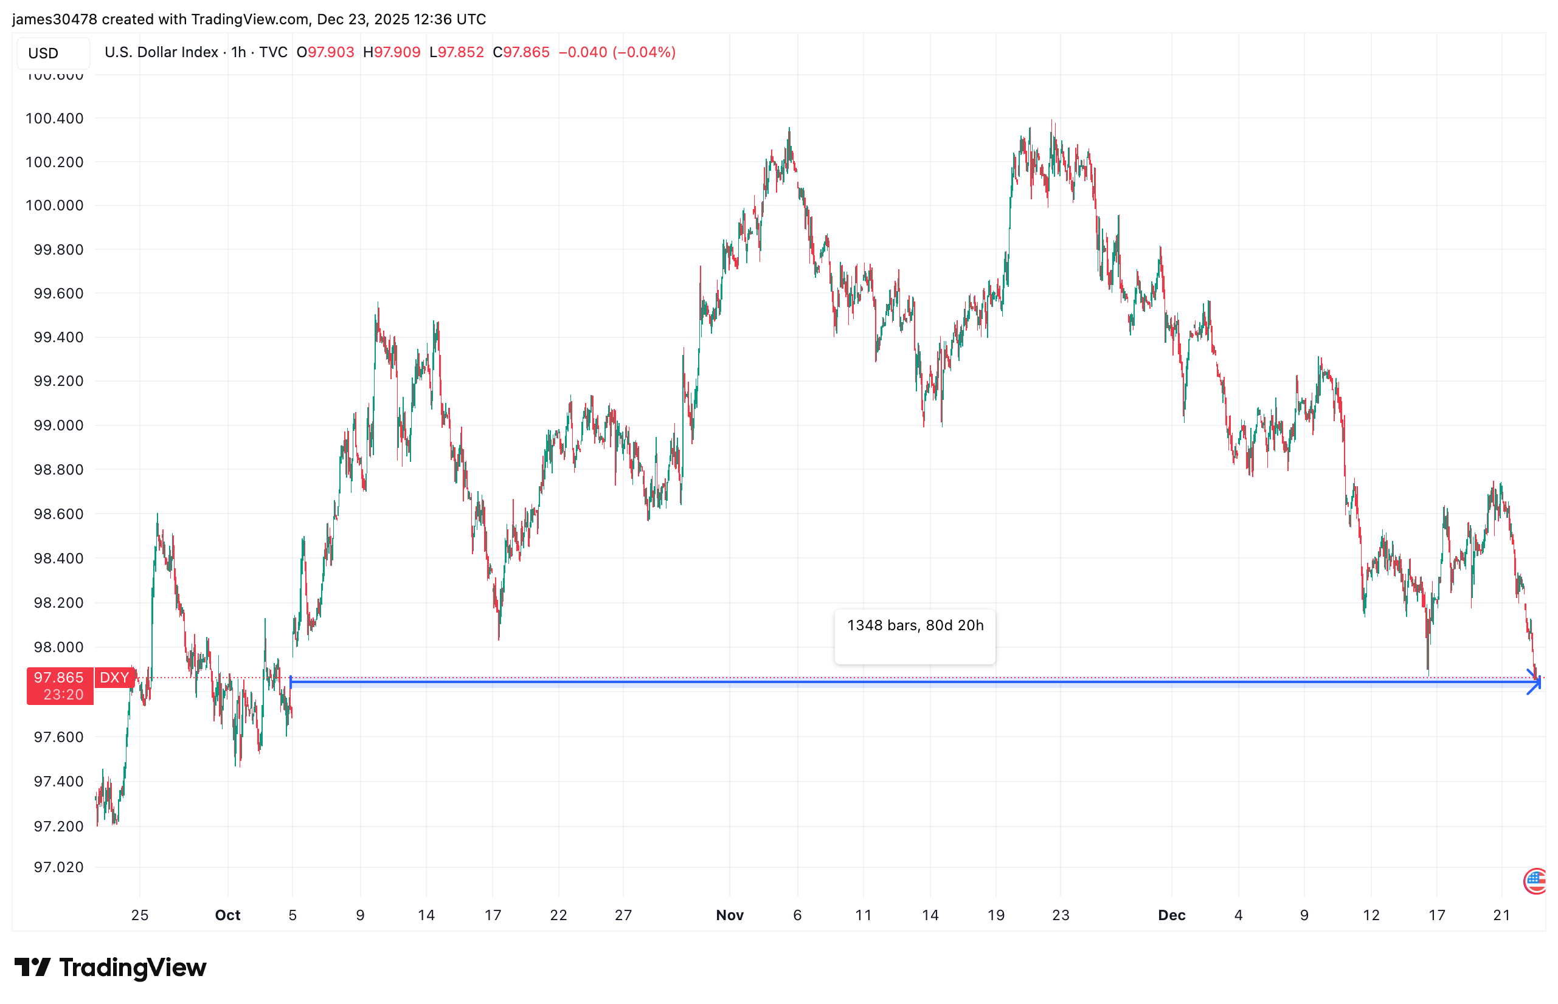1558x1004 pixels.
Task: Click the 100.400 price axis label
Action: click(54, 118)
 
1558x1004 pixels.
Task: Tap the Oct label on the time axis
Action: click(227, 915)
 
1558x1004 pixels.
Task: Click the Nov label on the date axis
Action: click(729, 915)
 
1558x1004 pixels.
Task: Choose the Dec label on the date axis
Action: click(1171, 915)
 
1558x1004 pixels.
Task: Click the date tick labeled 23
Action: click(1061, 915)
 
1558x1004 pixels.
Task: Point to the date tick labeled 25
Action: click(139, 915)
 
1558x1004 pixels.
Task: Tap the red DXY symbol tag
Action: click(114, 678)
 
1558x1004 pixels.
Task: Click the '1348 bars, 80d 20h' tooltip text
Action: click(915, 626)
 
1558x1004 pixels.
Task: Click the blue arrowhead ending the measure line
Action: click(1534, 682)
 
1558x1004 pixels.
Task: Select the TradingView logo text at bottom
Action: click(133, 968)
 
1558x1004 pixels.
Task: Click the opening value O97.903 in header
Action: click(325, 52)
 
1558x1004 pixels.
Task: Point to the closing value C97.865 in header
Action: click(521, 52)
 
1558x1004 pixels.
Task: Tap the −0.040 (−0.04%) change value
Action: click(617, 52)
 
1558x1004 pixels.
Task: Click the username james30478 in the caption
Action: click(55, 19)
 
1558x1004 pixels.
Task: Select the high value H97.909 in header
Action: click(392, 52)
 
